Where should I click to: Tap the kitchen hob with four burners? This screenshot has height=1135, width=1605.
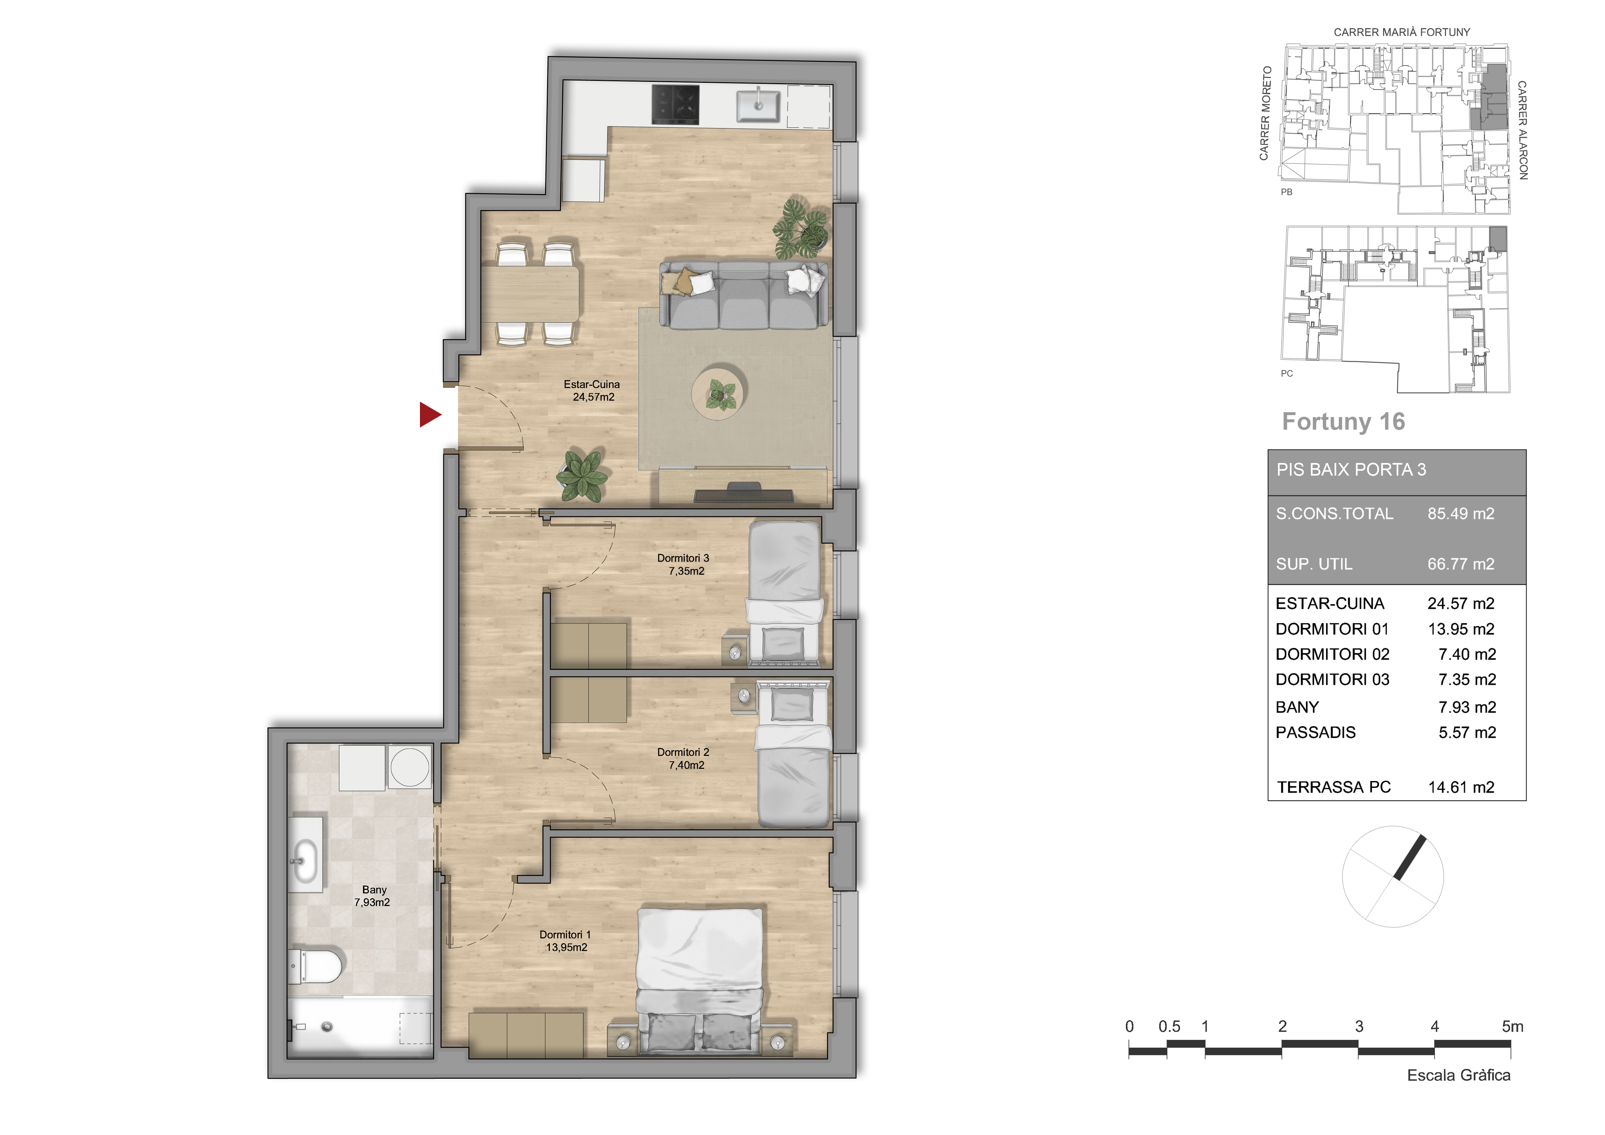tap(675, 105)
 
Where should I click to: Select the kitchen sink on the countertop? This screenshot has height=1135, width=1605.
tap(758, 105)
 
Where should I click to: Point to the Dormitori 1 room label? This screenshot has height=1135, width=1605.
tap(566, 941)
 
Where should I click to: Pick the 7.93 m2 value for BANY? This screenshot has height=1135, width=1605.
tap(1467, 707)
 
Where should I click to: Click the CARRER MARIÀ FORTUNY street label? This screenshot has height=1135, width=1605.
tap(1402, 32)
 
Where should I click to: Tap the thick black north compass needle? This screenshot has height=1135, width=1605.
tap(1409, 857)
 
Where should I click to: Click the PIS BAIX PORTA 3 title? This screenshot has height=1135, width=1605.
tap(1350, 470)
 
